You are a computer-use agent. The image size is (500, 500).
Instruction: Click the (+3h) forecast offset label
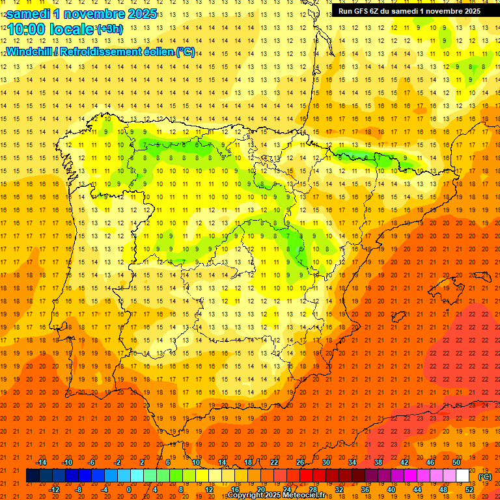coord(109,29)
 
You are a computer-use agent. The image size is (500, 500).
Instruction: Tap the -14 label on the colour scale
coord(41,462)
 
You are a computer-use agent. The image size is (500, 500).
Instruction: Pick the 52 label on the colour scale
coord(469,490)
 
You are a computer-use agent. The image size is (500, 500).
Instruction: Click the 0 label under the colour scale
coord(128,490)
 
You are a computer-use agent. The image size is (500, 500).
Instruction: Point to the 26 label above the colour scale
coord(300,462)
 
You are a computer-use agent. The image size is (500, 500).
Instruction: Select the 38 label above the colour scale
coord(378,462)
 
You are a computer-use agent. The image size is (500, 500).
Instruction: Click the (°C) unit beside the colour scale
coord(486,477)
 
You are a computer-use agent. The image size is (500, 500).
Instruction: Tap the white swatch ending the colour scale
coord(463,476)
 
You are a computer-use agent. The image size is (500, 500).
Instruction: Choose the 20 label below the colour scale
coord(260,490)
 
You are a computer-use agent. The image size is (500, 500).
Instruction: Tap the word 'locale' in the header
coord(70,30)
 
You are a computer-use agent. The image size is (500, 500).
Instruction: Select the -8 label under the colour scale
coord(79,490)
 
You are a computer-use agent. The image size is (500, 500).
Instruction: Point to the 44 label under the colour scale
coord(417,490)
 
